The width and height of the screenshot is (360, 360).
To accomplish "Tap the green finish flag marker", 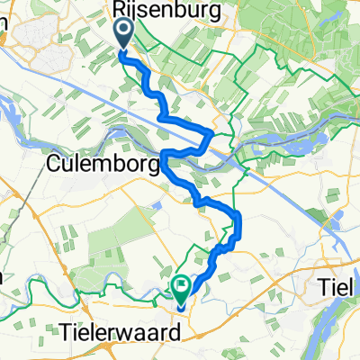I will tap(181, 288).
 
